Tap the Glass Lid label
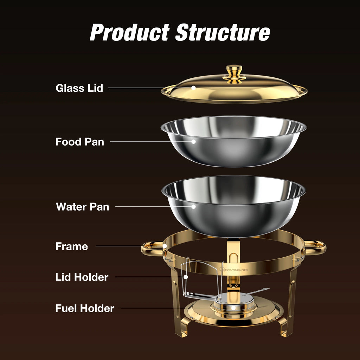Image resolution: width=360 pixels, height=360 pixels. click(x=79, y=88)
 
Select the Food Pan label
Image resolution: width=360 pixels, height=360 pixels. click(x=80, y=142)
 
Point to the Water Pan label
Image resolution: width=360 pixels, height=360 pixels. click(x=83, y=207)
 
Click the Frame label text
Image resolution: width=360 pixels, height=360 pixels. click(x=72, y=246)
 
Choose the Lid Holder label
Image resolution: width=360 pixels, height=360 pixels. click(x=82, y=277)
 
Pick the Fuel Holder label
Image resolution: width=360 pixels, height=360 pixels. click(x=85, y=309)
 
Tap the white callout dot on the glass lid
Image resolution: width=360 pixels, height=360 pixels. click(x=193, y=88)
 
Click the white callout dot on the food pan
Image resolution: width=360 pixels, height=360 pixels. click(x=193, y=142)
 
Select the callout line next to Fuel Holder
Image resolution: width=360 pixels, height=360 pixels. click(x=176, y=308)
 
